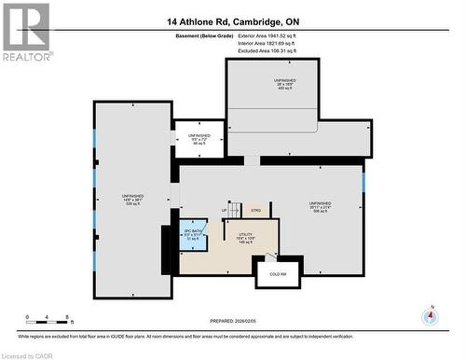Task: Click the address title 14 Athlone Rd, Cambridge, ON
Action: [232, 21]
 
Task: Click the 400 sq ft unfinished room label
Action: [284, 85]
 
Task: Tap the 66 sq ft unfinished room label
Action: [200, 140]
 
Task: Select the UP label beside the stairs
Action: [225, 212]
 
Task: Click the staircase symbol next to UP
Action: [237, 211]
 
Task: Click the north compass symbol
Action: [430, 315]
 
